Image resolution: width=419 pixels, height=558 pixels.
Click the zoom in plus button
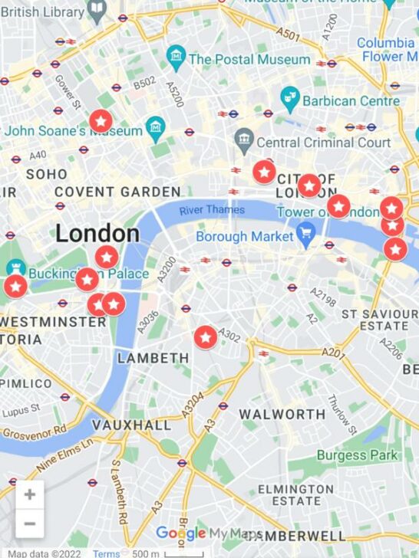pyautogui.click(x=29, y=494)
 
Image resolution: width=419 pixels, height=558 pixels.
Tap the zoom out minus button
pyautogui.click(x=29, y=524)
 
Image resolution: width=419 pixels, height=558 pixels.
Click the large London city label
pyautogui.click(x=97, y=234)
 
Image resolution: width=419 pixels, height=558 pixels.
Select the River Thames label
pyautogui.click(x=212, y=210)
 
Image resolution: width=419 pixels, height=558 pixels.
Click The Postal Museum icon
pyautogui.click(x=177, y=56)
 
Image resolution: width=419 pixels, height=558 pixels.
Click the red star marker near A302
pyautogui.click(x=206, y=336)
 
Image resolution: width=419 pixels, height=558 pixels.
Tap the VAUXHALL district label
pyautogui.click(x=131, y=425)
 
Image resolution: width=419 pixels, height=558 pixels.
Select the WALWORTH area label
pyautogui.click(x=282, y=414)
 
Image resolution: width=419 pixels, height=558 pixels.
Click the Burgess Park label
pyautogui.click(x=358, y=455)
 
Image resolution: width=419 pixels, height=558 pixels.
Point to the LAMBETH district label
pyautogui.click(x=153, y=358)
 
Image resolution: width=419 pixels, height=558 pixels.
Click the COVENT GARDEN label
pyautogui.click(x=117, y=192)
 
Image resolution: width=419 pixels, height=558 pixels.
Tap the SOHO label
pyautogui.click(x=47, y=174)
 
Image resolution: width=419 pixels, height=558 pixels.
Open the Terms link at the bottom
pyautogui.click(x=106, y=553)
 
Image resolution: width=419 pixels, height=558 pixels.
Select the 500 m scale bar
pyautogui.click(x=167, y=553)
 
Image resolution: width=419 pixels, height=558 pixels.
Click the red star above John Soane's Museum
pyautogui.click(x=101, y=120)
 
